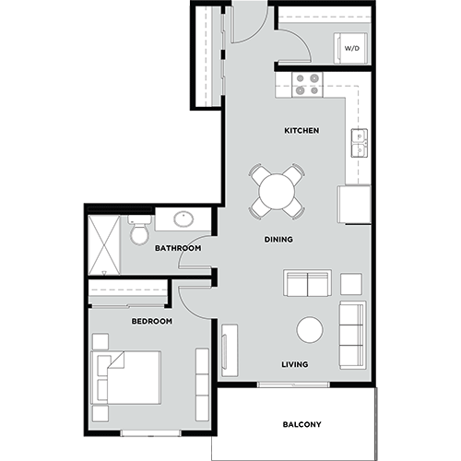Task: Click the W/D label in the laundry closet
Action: coord(352,47)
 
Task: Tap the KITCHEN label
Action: coord(301,131)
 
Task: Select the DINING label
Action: coord(278,240)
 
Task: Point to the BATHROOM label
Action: coord(178,248)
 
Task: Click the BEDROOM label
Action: coord(152,321)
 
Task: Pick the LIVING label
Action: coord(294,364)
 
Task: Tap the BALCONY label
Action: coord(302,424)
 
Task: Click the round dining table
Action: coord(277,192)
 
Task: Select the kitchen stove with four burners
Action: coord(307,84)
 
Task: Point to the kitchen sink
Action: coord(360,143)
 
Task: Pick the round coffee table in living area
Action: coord(310,330)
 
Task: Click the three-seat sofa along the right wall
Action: coord(352,334)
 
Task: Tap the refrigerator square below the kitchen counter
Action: coord(354,205)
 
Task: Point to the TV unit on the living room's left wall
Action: coord(230,351)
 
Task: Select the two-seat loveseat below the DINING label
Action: coord(307,283)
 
